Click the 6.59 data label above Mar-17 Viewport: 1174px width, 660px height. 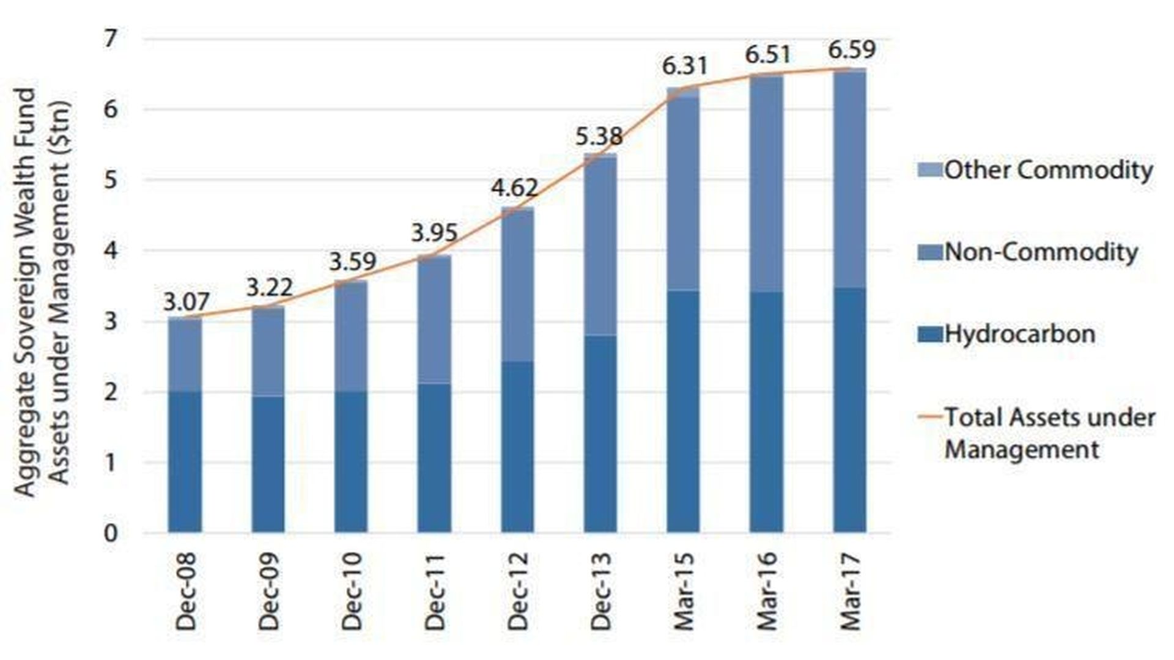point(851,50)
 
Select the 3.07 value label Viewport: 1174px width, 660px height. point(186,302)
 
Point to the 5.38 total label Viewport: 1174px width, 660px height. point(599,136)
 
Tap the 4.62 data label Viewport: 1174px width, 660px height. point(515,188)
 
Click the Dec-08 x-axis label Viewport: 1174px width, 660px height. point(186,591)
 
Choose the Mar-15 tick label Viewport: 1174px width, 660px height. point(684,591)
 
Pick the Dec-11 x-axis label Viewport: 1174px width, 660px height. point(435,591)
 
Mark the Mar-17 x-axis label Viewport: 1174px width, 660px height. point(850,591)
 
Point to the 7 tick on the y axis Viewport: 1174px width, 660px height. point(110,40)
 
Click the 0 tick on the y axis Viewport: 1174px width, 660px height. point(110,533)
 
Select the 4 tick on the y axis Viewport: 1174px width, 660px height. point(110,251)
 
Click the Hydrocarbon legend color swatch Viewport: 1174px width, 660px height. point(929,334)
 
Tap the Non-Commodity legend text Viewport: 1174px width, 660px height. point(1041,252)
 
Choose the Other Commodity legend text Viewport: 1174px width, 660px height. point(1048,170)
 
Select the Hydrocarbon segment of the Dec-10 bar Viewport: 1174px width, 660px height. point(351,461)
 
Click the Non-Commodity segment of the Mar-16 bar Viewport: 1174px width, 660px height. point(767,183)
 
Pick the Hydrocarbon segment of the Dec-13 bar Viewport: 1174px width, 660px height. point(600,434)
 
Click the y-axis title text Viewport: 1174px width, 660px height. point(43,287)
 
